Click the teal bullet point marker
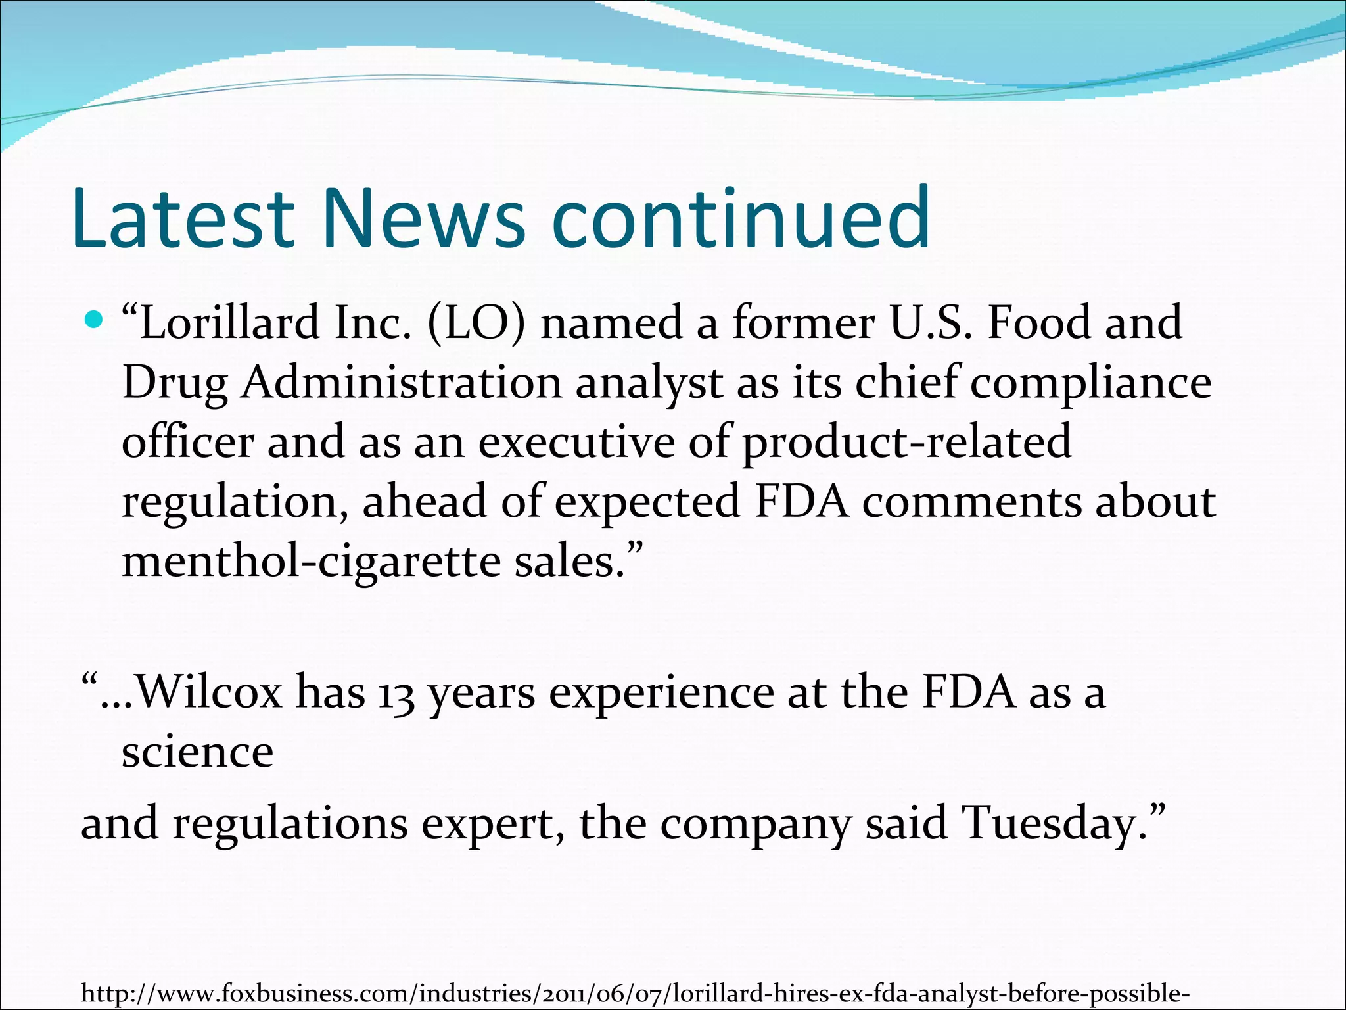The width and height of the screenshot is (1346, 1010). coord(95,321)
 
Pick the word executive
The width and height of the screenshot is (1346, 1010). coord(576,442)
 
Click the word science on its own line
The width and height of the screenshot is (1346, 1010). coord(197,752)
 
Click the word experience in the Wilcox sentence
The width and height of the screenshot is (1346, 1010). coord(661,693)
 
